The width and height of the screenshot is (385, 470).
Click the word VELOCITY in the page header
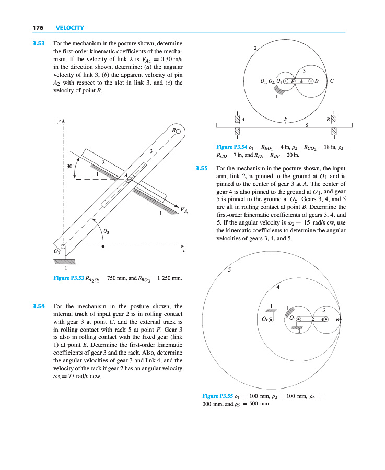(x=69, y=27)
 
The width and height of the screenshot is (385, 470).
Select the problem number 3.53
(x=39, y=44)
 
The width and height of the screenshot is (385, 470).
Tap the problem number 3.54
(x=39, y=306)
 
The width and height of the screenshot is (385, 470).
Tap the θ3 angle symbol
(x=106, y=230)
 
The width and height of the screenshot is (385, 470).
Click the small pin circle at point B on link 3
(x=178, y=131)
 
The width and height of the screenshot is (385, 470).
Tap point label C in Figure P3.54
(x=333, y=81)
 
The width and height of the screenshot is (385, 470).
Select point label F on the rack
(x=285, y=119)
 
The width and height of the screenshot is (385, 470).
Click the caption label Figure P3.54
(x=231, y=147)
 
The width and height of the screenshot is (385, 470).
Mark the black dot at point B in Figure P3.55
(x=341, y=318)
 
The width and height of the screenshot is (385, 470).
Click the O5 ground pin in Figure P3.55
(x=271, y=319)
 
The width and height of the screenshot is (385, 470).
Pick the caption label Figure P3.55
(x=217, y=396)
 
